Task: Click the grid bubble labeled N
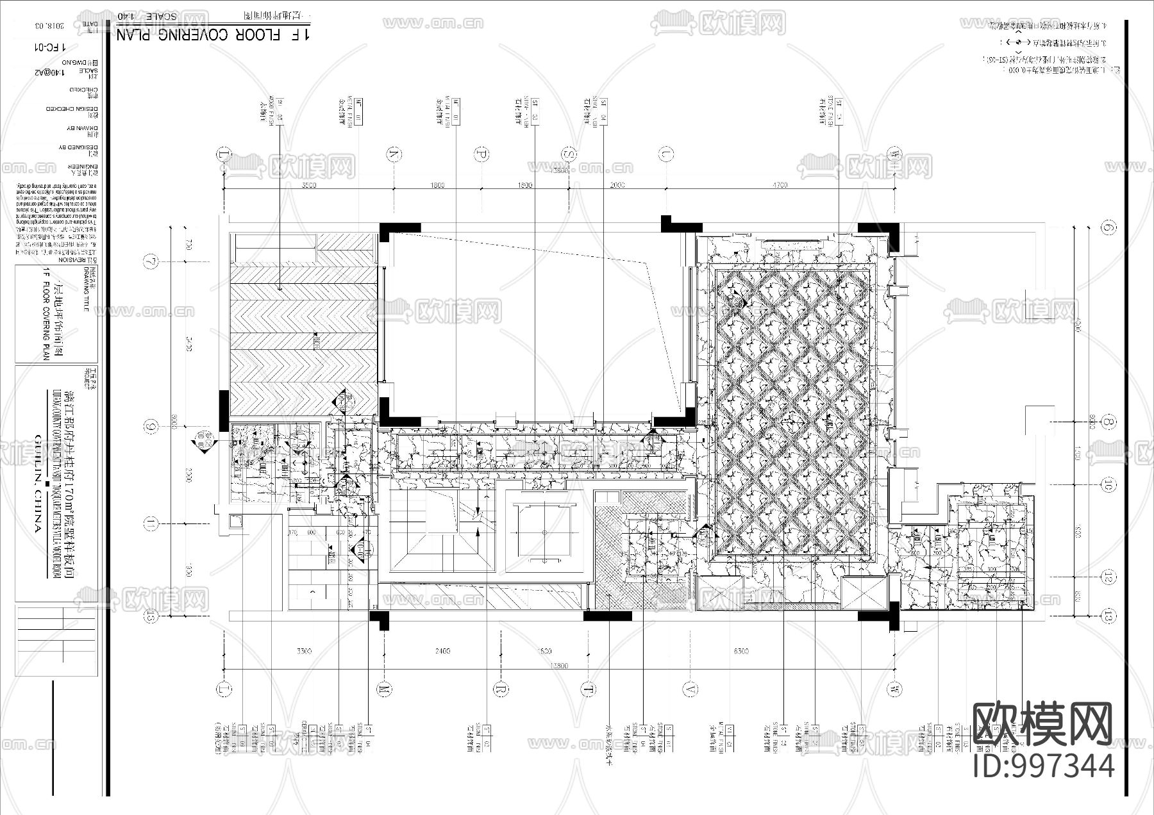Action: (394, 154)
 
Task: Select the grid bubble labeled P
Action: (481, 154)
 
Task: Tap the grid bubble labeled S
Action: (569, 154)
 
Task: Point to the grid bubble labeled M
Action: (384, 689)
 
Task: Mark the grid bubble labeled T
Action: (588, 689)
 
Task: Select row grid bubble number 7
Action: (151, 261)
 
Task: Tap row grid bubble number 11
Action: (151, 525)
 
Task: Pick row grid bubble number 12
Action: (1108, 577)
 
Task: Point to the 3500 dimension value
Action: (308, 185)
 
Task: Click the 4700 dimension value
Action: (780, 185)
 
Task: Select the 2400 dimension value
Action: (442, 651)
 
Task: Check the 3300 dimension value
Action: (304, 651)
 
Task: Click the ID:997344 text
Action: (1043, 766)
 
